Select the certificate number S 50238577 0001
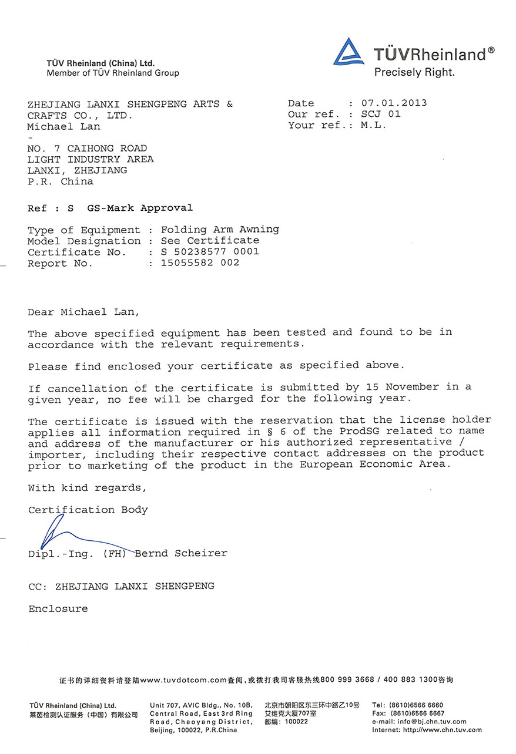(x=210, y=252)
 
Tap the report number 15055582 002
(x=200, y=263)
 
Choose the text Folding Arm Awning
(x=220, y=230)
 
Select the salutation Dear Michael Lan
(x=84, y=312)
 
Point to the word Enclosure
(x=58, y=609)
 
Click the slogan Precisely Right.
(x=414, y=73)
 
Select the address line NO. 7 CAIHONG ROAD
(x=87, y=148)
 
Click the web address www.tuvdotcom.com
(x=183, y=680)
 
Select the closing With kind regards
(x=87, y=488)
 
